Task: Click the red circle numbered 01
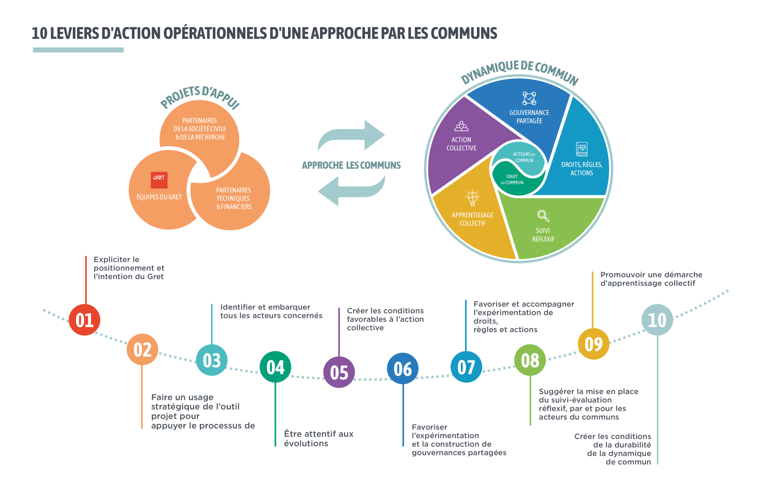pyautogui.click(x=84, y=320)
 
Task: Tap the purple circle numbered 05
pyautogui.click(x=339, y=372)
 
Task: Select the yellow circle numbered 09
pyautogui.click(x=594, y=344)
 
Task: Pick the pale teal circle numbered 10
pyautogui.click(x=657, y=320)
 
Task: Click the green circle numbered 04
pyautogui.click(x=275, y=367)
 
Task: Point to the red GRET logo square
pyautogui.click(x=159, y=180)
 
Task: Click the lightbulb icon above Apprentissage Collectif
pyautogui.click(x=472, y=198)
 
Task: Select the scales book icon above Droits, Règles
pyautogui.click(x=582, y=149)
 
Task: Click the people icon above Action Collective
pyautogui.click(x=461, y=126)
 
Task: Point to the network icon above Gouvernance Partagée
pyautogui.click(x=529, y=98)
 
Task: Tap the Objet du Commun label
pyautogui.click(x=512, y=180)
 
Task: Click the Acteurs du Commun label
pyautogui.click(x=524, y=157)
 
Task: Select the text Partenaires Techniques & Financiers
pyautogui.click(x=234, y=198)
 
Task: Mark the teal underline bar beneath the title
pyautogui.click(x=78, y=50)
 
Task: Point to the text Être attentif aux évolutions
pyautogui.click(x=319, y=438)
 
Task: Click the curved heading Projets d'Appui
pyautogui.click(x=200, y=96)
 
